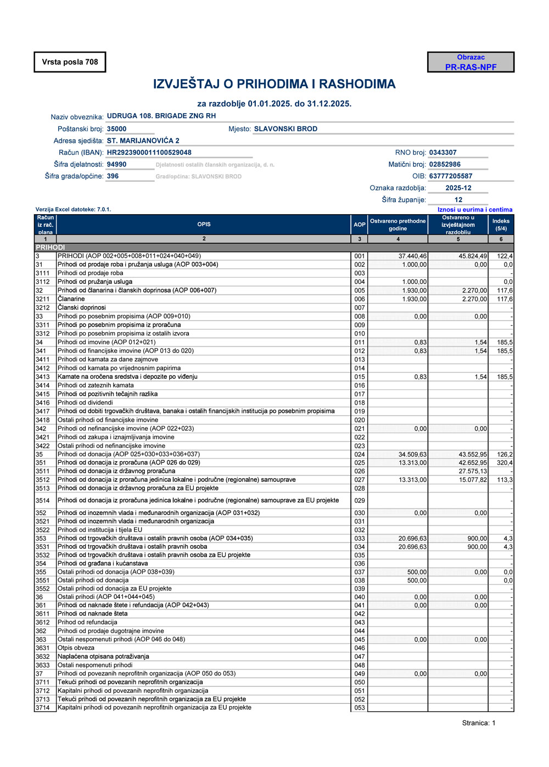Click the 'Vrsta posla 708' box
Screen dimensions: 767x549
tap(70, 62)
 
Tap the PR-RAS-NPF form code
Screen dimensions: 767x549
tap(470, 67)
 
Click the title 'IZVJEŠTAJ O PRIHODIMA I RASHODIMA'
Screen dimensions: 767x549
tap(274, 84)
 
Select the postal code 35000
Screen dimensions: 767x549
tap(116, 129)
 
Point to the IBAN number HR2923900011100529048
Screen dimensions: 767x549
tap(149, 153)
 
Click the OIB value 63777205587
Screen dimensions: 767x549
tap(450, 176)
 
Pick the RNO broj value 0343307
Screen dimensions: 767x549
tap(442, 153)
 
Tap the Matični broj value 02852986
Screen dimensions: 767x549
tap(445, 164)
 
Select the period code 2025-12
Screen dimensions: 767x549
tap(458, 188)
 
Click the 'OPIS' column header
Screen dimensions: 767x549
tap(204, 224)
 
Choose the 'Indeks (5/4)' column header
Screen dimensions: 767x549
tap(501, 224)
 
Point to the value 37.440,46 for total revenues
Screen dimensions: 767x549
tap(412, 256)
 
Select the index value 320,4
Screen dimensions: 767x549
tap(505, 463)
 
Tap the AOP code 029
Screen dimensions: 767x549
tap(360, 501)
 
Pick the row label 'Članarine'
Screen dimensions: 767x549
tap(71, 299)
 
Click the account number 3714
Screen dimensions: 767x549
tap(42, 708)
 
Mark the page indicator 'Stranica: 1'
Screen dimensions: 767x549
tap(478, 723)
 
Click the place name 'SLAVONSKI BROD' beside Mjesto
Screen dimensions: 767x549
tap(285, 129)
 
